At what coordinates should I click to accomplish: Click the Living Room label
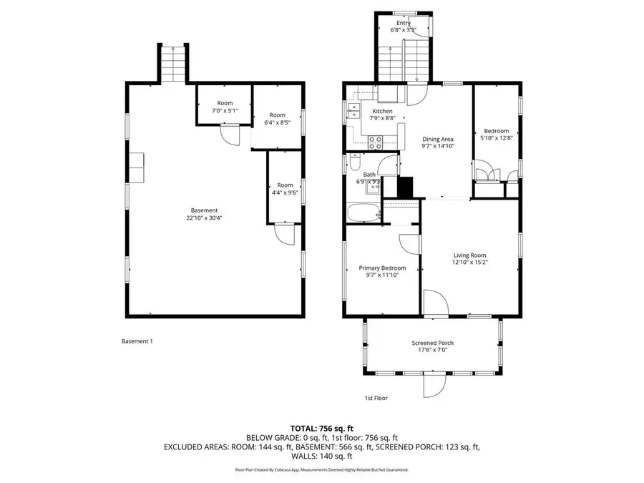point(469,255)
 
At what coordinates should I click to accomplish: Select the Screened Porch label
point(432,343)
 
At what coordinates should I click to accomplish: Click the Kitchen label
point(381,112)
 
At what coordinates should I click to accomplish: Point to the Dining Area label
point(438,139)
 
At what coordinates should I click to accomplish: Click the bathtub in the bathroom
point(363,213)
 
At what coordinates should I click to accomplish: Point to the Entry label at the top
point(404,24)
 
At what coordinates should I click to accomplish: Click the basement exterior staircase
point(173,64)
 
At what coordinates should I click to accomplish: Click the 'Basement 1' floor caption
point(137,341)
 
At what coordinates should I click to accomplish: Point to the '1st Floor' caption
point(376,398)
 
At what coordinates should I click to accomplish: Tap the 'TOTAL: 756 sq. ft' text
point(321,427)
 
